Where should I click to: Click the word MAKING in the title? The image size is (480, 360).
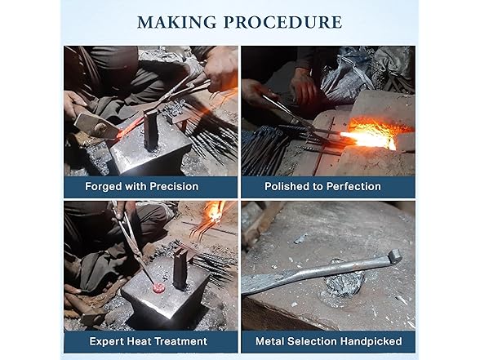[x=177, y=22]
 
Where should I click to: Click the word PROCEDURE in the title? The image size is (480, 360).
[x=282, y=22]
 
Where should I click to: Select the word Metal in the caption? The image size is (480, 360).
[x=270, y=341]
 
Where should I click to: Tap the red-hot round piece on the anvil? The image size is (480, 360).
[x=158, y=287]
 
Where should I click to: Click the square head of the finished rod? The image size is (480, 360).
[x=394, y=256]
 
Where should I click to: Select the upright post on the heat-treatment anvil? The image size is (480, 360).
[x=180, y=269]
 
